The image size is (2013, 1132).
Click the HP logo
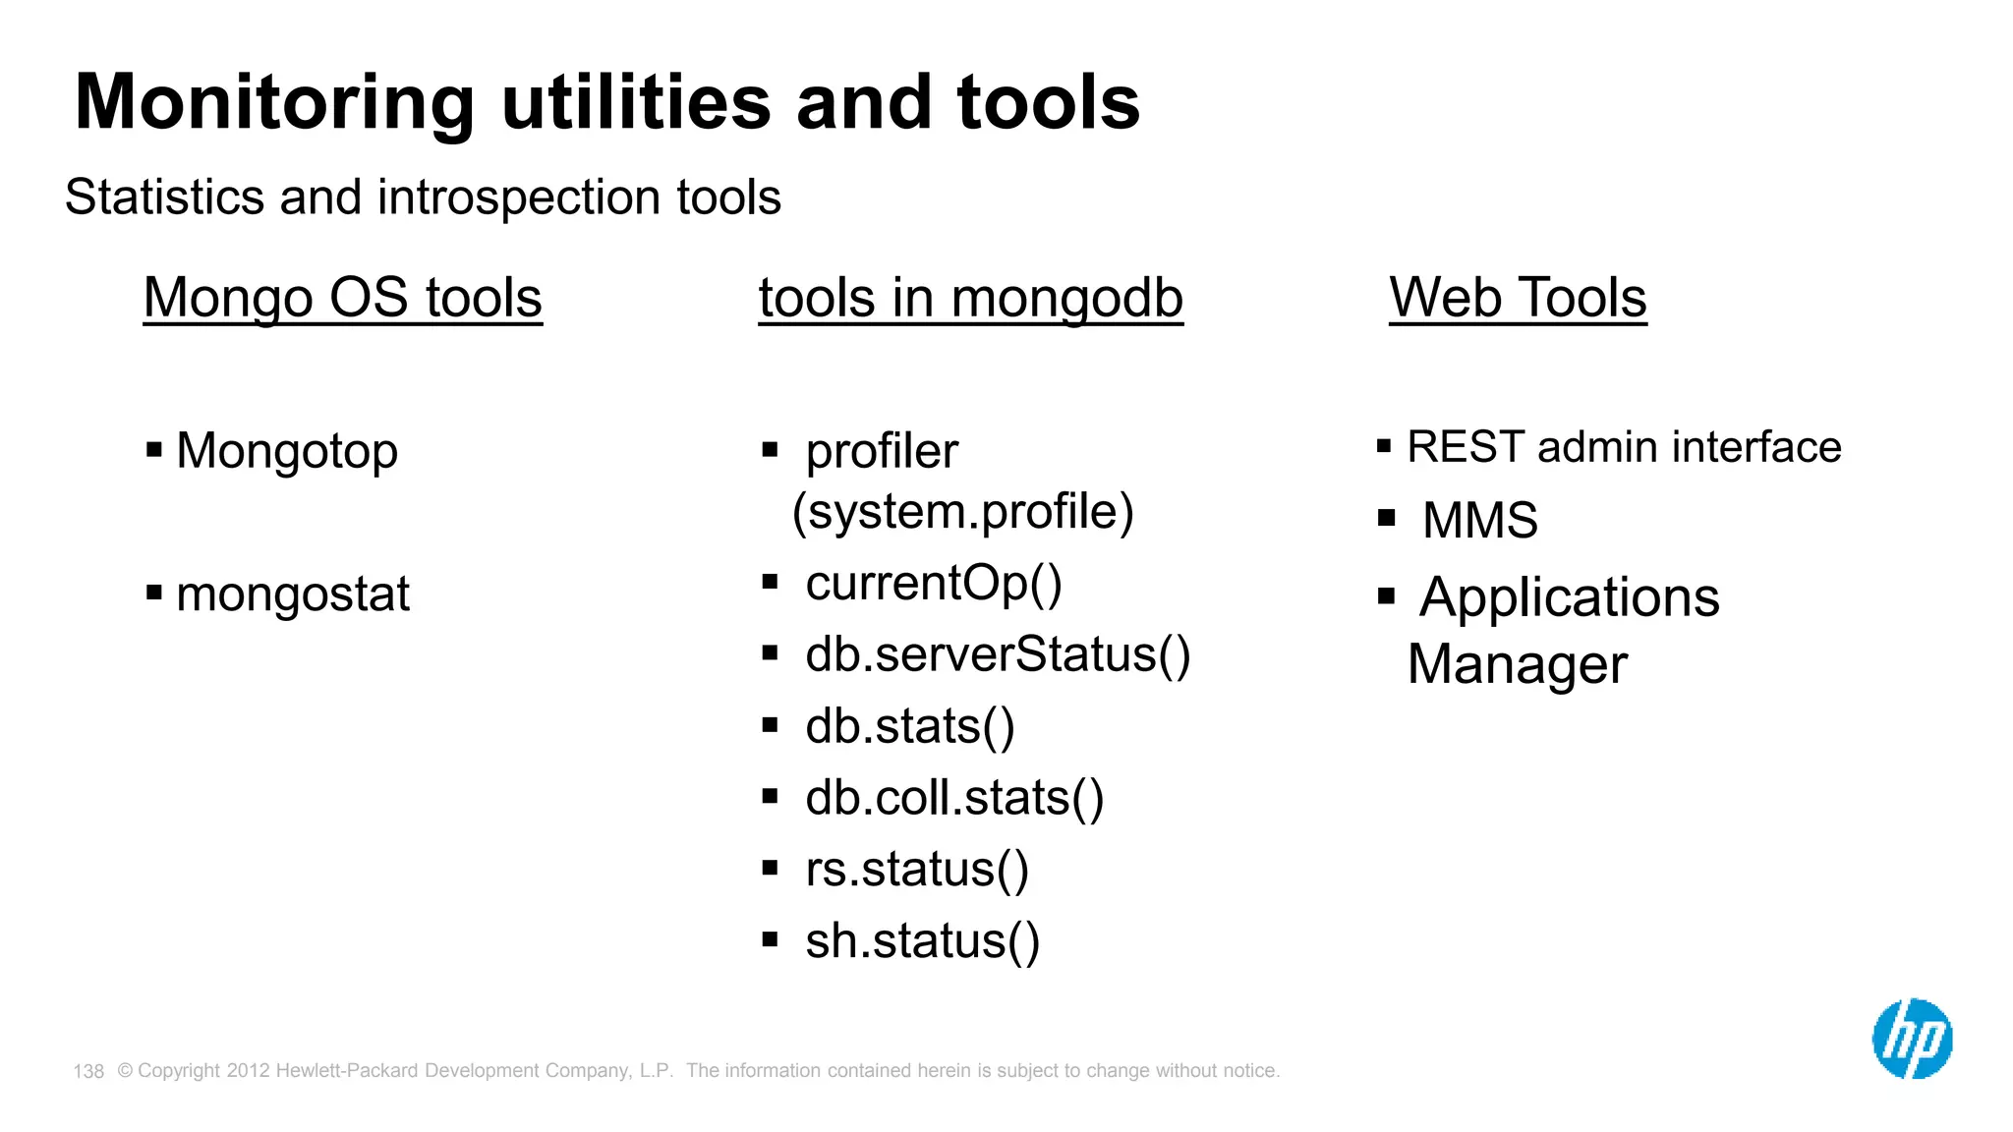coord(1912,1039)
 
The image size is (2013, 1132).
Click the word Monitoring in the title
coord(274,102)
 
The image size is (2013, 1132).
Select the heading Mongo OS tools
coord(342,297)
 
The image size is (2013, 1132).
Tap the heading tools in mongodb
coord(970,297)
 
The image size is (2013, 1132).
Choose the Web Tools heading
coord(1518,297)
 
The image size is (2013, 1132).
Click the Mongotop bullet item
coord(286,451)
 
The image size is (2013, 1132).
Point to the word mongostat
coord(292,594)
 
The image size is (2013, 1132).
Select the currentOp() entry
coord(933,583)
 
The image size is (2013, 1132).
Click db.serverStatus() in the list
coord(997,654)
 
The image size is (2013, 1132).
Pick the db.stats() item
coord(909,726)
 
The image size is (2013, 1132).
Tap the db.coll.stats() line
coord(953,797)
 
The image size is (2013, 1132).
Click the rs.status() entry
coord(916,870)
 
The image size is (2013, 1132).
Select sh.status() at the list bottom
coord(922,940)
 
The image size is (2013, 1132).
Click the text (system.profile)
coord(962,512)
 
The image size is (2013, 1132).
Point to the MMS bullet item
coord(1479,520)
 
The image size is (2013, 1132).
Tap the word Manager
coord(1517,664)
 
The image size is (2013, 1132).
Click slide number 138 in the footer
coord(88,1071)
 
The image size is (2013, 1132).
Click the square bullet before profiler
coord(770,450)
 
